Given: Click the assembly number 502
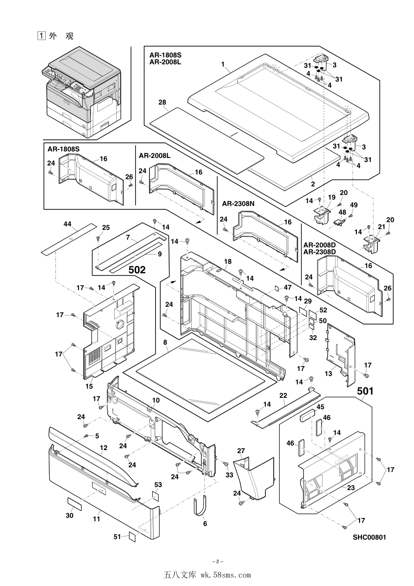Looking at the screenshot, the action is [137, 270].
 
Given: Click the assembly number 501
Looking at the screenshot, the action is [365, 391].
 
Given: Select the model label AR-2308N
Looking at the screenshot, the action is [238, 203].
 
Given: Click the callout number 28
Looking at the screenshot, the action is [162, 102].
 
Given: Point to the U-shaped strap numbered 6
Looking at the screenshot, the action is [200, 508].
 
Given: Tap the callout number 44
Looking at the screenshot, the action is [68, 224].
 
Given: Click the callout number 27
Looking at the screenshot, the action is [241, 451].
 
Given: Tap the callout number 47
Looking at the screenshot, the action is [288, 287].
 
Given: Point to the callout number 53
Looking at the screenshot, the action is [158, 484].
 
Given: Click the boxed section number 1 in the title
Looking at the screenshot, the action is [41, 36].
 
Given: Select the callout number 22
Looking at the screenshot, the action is [283, 395].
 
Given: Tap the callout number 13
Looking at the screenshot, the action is [328, 373].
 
